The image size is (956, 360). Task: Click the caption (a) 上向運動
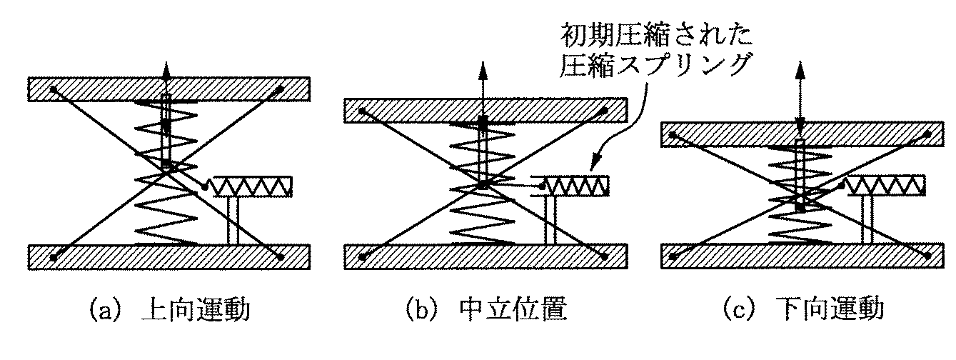[169, 311]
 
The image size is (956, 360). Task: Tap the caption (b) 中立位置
[485, 311]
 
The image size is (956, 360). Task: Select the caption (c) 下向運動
[802, 311]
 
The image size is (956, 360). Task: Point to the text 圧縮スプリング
[655, 65]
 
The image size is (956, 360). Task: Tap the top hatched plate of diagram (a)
[169, 89]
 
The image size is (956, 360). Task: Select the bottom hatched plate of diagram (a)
[169, 257]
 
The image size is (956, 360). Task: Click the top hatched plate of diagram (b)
[485, 110]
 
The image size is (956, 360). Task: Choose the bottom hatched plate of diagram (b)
[485, 256]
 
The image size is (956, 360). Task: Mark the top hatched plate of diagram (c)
[802, 134]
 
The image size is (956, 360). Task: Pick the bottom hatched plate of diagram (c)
[802, 256]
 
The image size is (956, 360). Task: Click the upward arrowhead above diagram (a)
[166, 69]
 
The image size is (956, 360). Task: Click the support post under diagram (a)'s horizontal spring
[233, 221]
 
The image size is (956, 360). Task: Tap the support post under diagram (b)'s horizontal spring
[550, 220]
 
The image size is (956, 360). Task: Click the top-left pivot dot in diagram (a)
[54, 90]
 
